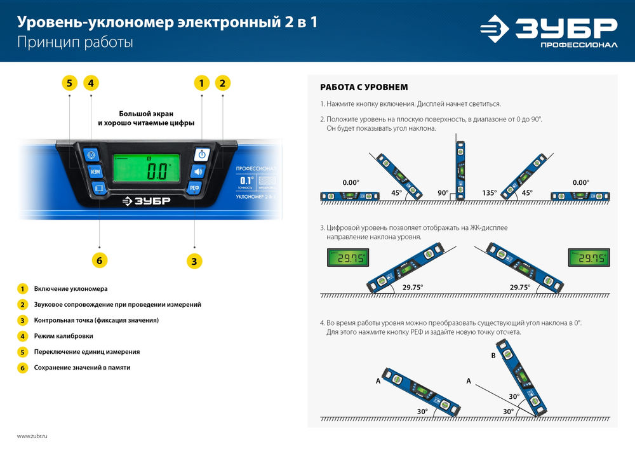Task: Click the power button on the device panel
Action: (x=201, y=154)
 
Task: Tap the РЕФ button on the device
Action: (x=195, y=187)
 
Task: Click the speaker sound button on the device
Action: (x=198, y=171)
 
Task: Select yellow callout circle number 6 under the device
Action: (x=100, y=260)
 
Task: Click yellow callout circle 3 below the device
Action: (x=194, y=260)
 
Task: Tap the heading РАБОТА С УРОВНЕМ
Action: (x=363, y=87)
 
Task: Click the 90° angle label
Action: (x=443, y=193)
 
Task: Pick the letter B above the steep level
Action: (x=493, y=356)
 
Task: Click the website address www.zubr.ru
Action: (x=32, y=436)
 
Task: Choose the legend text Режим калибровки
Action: (x=63, y=335)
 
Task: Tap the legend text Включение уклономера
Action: (x=70, y=288)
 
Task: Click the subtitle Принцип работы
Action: (x=75, y=43)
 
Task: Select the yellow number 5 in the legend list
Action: (x=22, y=351)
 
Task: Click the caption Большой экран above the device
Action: (x=145, y=112)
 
